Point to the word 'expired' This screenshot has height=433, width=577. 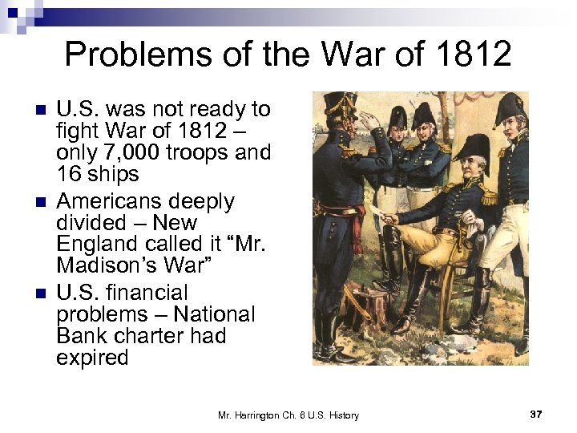pos(92,357)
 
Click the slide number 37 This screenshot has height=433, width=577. pos(536,414)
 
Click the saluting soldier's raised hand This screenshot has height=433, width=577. pos(368,120)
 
